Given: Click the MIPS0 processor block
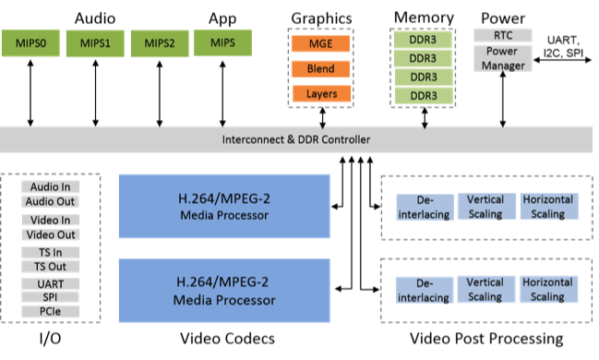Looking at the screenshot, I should tap(32, 43).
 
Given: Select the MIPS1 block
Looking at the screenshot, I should tap(95, 43).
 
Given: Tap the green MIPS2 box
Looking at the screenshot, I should tap(159, 43).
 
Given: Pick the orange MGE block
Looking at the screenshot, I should tap(321, 44).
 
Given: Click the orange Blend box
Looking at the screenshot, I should tap(321, 69).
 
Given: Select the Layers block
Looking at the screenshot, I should tap(321, 93).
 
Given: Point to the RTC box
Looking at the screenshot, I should tap(502, 35).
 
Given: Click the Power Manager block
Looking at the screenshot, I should tap(502, 58).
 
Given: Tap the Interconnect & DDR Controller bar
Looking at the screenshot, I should tap(296, 140).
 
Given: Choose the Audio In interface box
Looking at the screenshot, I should tap(51, 187).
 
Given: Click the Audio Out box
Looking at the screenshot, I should tap(51, 201).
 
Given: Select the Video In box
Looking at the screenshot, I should tap(51, 220).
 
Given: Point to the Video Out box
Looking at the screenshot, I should tap(51, 234).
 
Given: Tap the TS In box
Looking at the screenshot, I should tap(51, 252).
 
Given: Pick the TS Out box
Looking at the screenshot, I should tap(51, 266).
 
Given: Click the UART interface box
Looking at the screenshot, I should tap(51, 284).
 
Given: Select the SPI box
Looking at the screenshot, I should tap(51, 298).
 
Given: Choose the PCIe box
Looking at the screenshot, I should tap(51, 312).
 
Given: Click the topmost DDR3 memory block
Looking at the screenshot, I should tap(423, 41).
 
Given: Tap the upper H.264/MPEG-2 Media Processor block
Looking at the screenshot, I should tap(224, 209).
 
